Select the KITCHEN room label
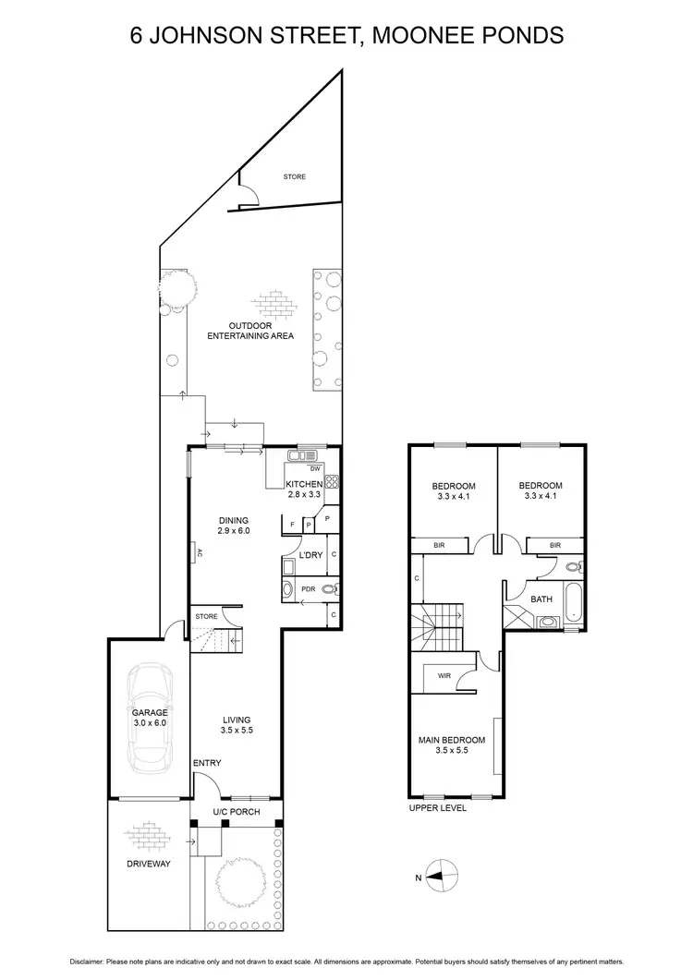pyautogui.click(x=304, y=484)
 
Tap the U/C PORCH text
pyautogui.click(x=237, y=812)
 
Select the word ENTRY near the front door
pyautogui.click(x=206, y=762)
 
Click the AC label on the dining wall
pyautogui.click(x=199, y=554)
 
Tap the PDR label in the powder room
pyautogui.click(x=308, y=587)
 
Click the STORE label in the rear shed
pyautogui.click(x=294, y=176)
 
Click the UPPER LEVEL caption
pyautogui.click(x=437, y=808)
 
